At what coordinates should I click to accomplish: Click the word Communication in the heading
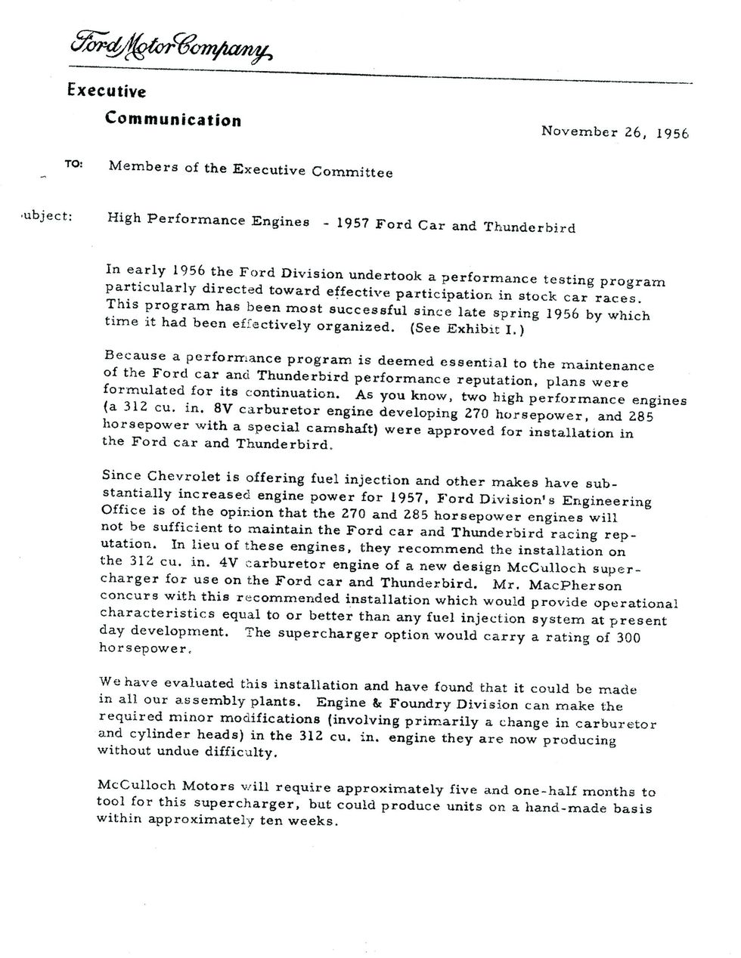pos(173,119)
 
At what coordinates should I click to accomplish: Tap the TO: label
pos(74,164)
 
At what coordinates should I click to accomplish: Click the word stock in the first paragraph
pos(539,296)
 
